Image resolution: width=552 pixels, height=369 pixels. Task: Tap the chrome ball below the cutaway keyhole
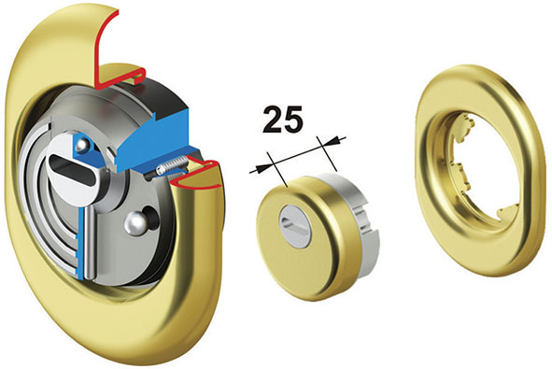[137, 224]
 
